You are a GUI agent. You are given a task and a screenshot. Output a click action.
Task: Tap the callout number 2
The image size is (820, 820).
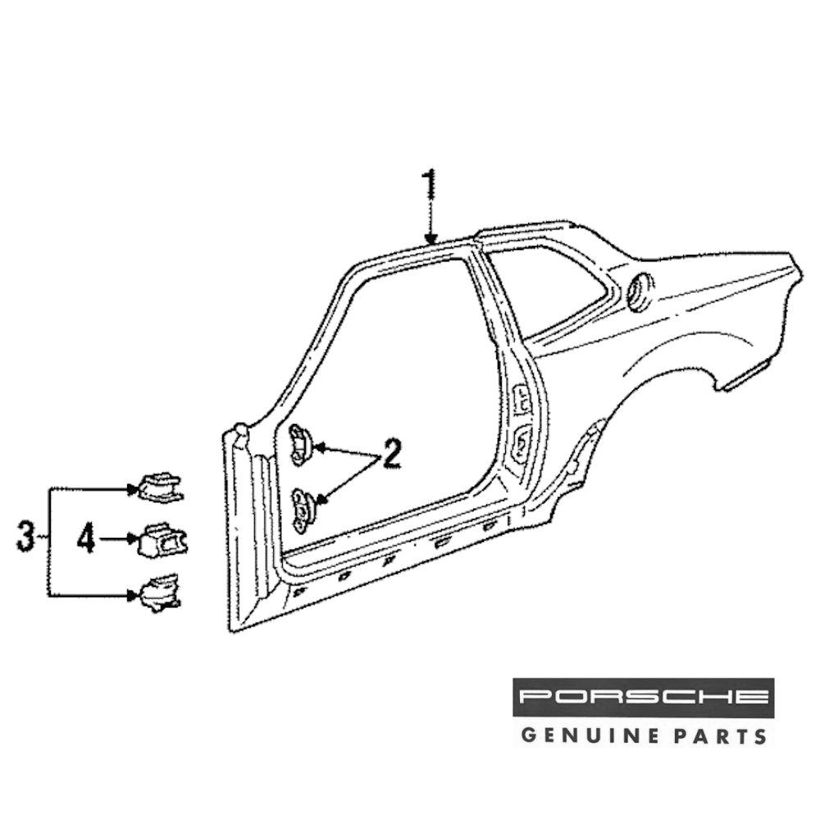coord(391,453)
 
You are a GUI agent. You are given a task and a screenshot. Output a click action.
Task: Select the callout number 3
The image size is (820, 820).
coord(27,539)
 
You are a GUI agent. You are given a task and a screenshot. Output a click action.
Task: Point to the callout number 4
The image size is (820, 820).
coord(88,539)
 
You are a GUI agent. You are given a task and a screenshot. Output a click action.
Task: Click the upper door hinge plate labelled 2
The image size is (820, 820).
coord(301,444)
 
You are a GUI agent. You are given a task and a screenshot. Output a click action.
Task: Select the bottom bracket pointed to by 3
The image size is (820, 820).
coord(160,593)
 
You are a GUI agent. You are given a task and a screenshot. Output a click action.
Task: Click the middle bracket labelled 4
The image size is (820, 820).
coord(162,540)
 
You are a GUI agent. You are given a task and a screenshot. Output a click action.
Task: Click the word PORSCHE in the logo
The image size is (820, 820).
coord(644,697)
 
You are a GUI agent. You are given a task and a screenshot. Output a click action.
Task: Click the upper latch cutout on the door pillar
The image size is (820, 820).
coord(522,399)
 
